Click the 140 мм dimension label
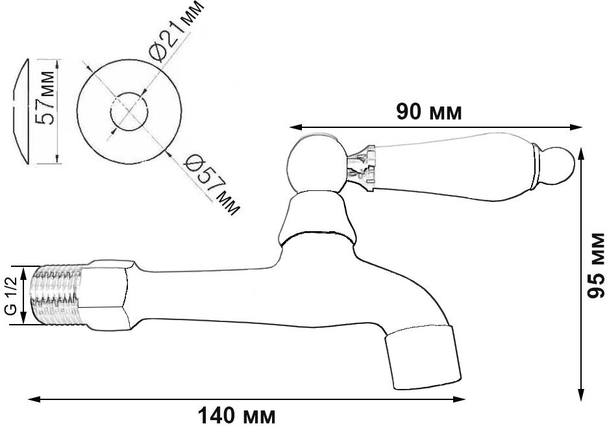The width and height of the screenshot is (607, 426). pyautogui.click(x=236, y=416)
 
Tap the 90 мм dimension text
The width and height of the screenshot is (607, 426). pyautogui.click(x=429, y=113)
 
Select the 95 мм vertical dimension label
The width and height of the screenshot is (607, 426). pyautogui.click(x=595, y=266)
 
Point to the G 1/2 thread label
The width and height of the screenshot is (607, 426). pyautogui.click(x=11, y=295)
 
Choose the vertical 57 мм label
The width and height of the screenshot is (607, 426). pyautogui.click(x=45, y=97)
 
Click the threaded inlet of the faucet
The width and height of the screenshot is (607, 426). pyautogui.click(x=58, y=294)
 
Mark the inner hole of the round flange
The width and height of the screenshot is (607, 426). pyautogui.click(x=129, y=112)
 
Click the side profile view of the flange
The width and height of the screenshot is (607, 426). pyautogui.click(x=21, y=112)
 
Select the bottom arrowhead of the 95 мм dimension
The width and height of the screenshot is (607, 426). pyautogui.click(x=580, y=395)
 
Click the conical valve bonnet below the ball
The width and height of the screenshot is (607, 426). pyautogui.click(x=316, y=218)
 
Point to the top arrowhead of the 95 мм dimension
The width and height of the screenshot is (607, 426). pyautogui.click(x=580, y=154)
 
